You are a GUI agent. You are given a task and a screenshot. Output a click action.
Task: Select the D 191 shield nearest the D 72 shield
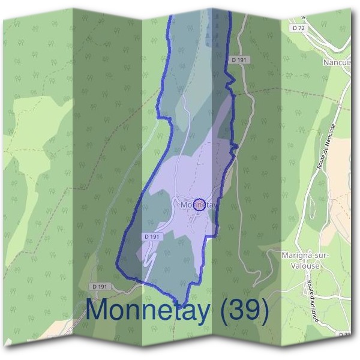[238, 59]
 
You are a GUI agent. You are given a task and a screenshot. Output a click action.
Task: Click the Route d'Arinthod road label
[311, 294]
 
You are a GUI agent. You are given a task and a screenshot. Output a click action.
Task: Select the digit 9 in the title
[253, 310]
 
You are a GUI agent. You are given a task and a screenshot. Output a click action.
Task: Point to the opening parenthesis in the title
[225, 311]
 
